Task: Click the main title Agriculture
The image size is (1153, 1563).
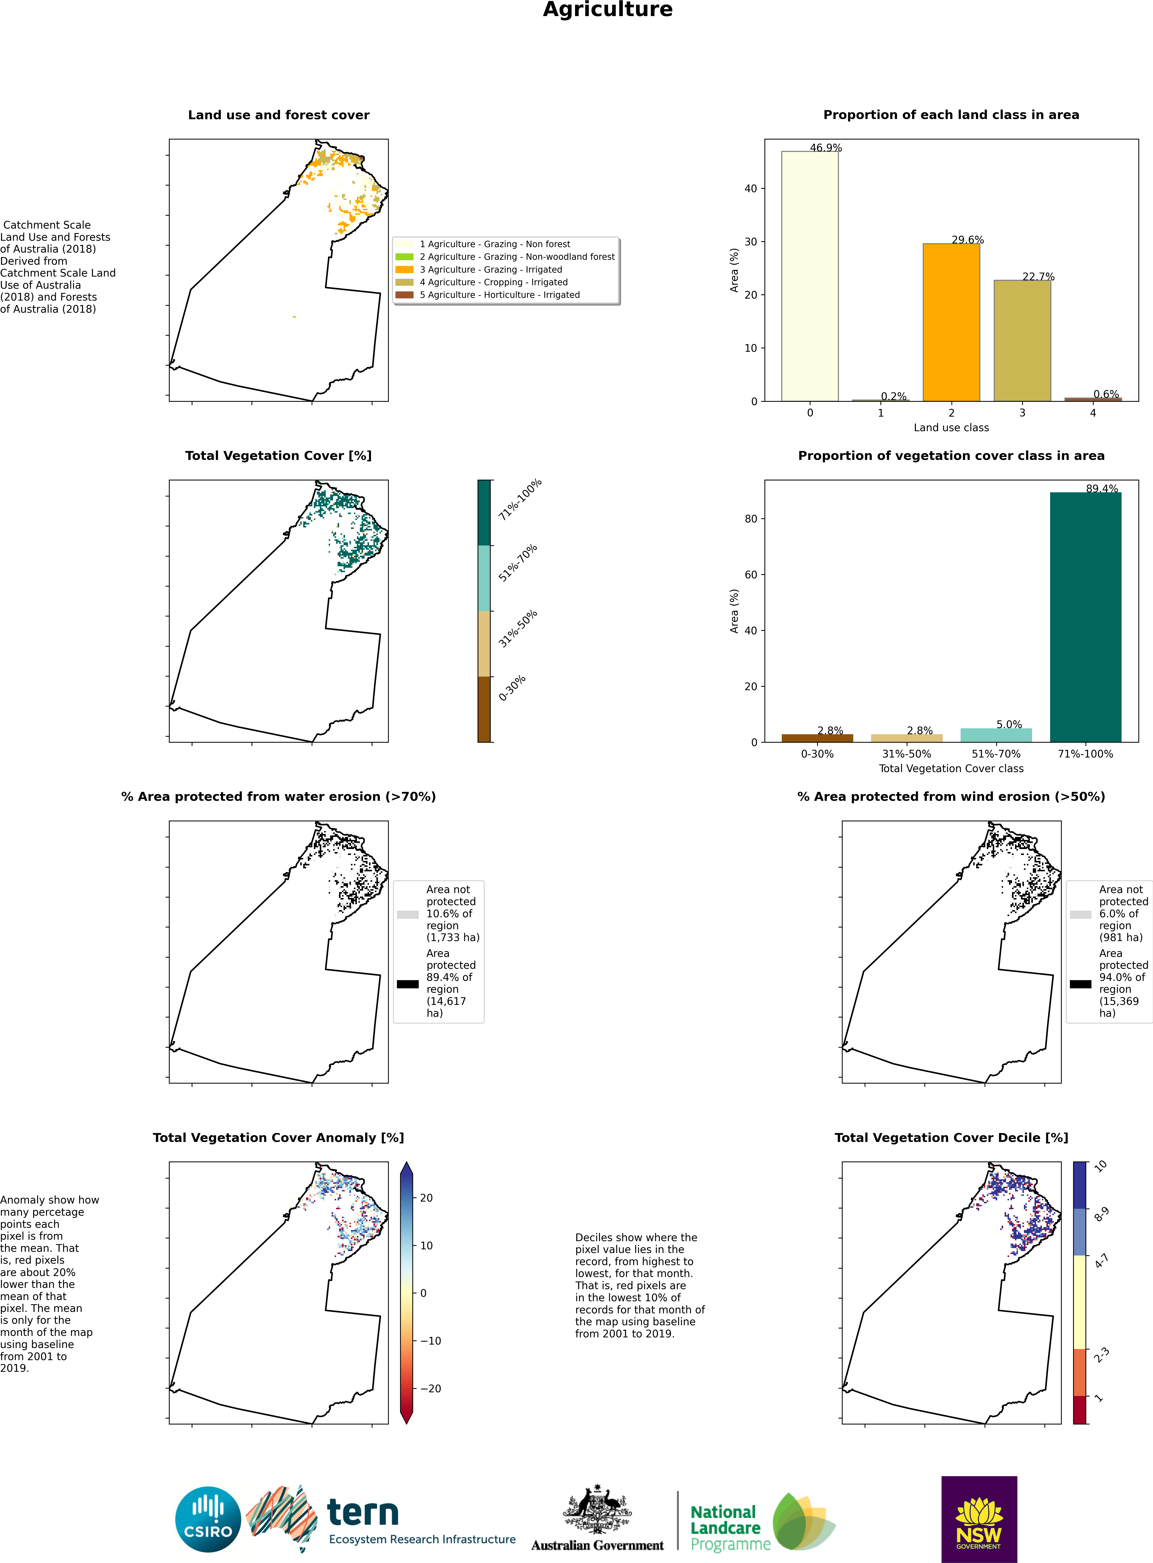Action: click(x=608, y=10)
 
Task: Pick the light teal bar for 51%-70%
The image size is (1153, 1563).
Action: click(x=996, y=735)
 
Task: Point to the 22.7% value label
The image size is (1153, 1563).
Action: click(x=1038, y=276)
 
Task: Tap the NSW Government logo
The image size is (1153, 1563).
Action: click(x=979, y=1519)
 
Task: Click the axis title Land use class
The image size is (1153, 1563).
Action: click(x=951, y=427)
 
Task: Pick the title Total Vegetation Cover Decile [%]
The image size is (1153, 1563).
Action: click(x=951, y=1137)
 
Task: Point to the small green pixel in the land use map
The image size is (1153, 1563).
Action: click(x=294, y=317)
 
